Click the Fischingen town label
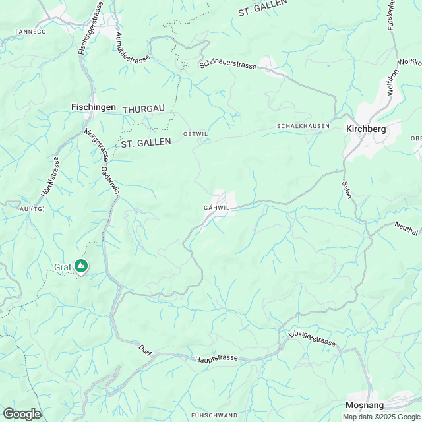(94, 107)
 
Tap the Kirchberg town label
(365, 129)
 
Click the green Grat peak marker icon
(81, 266)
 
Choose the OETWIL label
(196, 134)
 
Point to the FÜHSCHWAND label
(214, 415)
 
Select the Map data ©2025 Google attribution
(380, 416)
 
